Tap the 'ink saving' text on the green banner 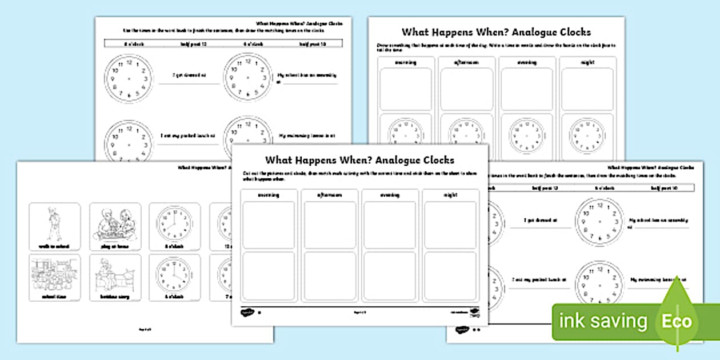tap(603, 321)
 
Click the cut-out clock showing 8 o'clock tap(174, 222)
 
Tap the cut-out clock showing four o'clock tap(174, 273)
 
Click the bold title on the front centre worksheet tap(359, 160)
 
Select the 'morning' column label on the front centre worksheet tap(269, 195)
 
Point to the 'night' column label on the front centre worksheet tap(450, 195)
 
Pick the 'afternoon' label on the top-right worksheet tap(466, 62)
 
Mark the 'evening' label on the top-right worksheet tap(527, 62)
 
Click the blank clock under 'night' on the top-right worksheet tap(587, 135)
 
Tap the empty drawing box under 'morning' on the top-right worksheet tap(406, 89)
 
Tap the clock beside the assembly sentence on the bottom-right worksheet tap(599, 221)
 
